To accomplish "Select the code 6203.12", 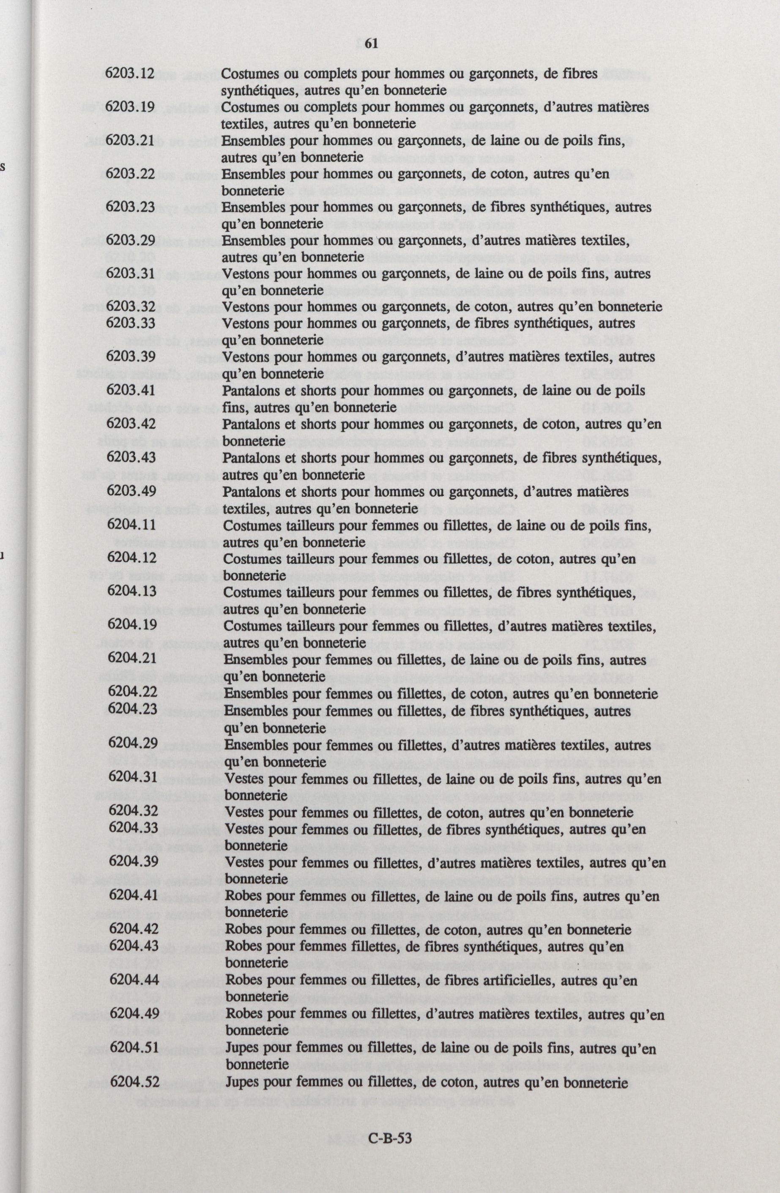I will click(x=129, y=73).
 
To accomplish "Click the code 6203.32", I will click(x=131, y=306).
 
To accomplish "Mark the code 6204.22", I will click(x=133, y=692).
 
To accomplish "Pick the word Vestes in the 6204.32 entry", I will click(x=244, y=812).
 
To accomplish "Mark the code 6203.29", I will click(x=130, y=240).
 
